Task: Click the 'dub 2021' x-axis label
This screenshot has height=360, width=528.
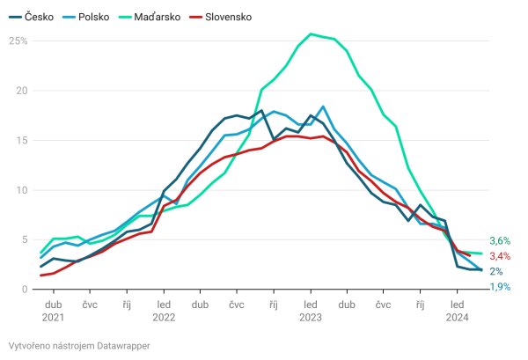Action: click(x=53, y=310)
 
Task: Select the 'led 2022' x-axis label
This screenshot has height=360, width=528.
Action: click(x=164, y=310)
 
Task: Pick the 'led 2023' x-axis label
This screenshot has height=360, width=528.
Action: click(x=311, y=310)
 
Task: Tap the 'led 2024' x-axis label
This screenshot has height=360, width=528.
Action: click(x=458, y=310)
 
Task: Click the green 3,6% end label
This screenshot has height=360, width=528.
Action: click(x=500, y=240)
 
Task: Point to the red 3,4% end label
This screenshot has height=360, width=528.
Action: click(x=500, y=256)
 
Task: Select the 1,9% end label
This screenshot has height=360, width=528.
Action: click(x=500, y=287)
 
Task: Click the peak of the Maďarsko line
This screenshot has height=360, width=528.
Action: click(x=311, y=34)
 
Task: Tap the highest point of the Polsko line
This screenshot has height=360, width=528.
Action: click(x=324, y=107)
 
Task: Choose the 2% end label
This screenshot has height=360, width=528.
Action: click(x=496, y=272)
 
